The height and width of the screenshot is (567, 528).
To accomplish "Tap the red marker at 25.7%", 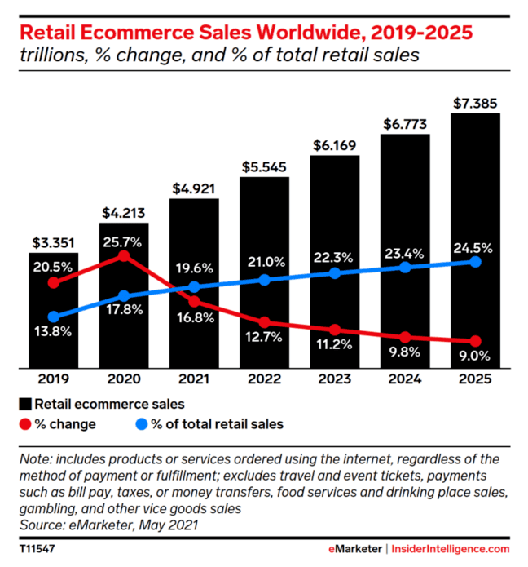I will (124, 256).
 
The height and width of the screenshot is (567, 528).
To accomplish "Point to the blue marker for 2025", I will (476, 262).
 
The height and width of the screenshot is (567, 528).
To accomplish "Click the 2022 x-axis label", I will (265, 379).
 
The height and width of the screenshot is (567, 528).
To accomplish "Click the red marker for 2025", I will (476, 341).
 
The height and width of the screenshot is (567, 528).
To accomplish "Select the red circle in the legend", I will (25, 424).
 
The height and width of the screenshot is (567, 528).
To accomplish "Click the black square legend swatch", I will (25, 404).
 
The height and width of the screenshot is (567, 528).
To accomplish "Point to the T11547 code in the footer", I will (37, 550).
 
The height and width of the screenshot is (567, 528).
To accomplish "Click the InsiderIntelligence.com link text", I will (451, 550).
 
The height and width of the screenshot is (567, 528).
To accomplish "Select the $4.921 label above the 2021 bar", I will (194, 188).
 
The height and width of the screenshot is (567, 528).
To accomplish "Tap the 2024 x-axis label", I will (405, 379).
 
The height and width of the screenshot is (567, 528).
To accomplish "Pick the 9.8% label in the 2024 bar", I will (405, 352).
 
